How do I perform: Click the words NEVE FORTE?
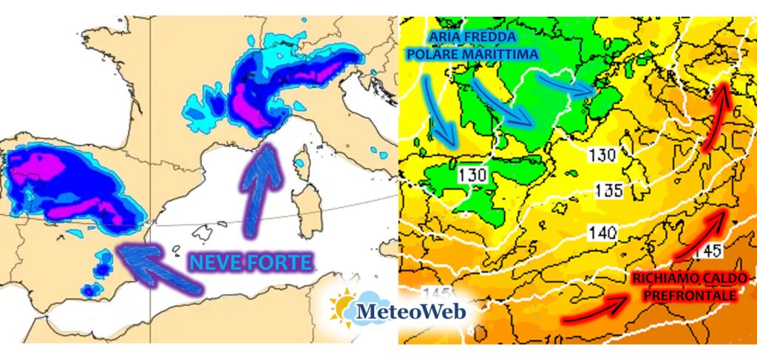point(251,261)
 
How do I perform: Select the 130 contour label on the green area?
point(472,175)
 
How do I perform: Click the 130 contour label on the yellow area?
point(602,154)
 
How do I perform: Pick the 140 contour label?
point(602,234)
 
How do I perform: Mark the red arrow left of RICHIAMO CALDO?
point(595,306)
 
